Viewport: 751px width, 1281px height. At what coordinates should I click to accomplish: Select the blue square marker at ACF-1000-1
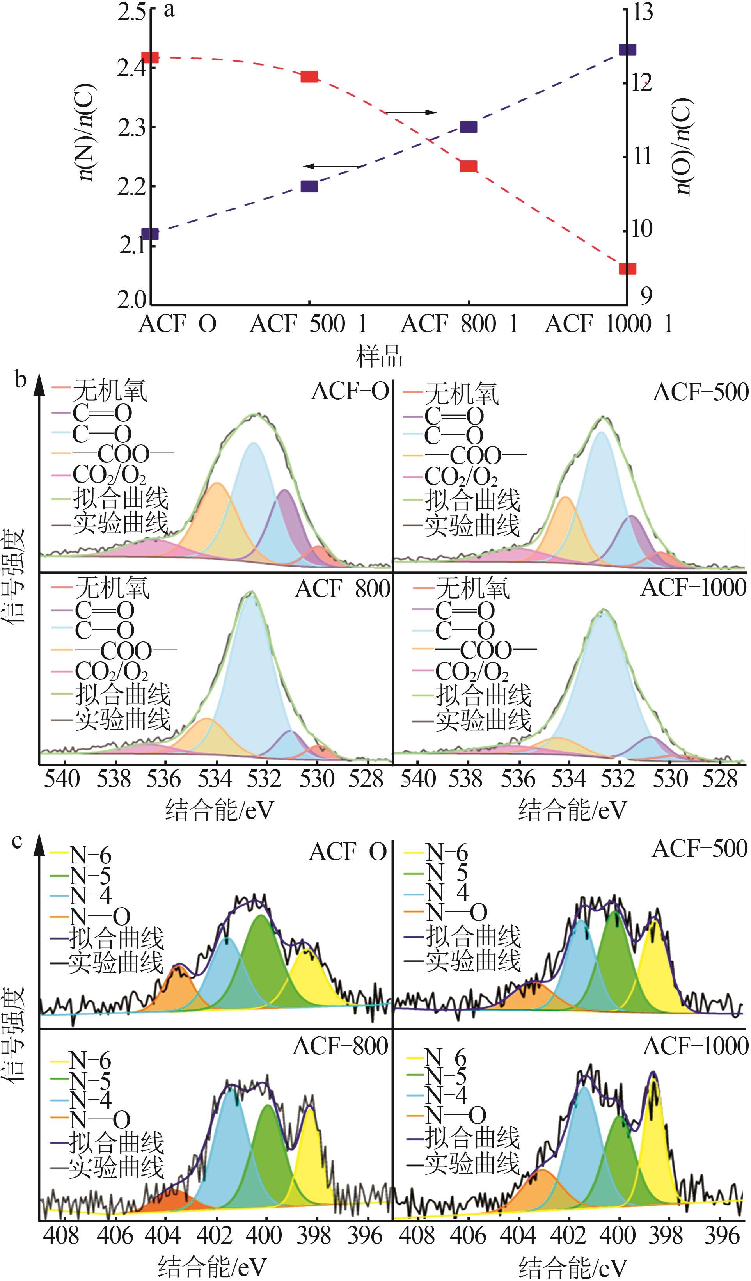click(627, 50)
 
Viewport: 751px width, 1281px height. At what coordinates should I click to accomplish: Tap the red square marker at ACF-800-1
click(468, 166)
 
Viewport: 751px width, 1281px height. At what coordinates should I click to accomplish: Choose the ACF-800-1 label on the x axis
click(459, 324)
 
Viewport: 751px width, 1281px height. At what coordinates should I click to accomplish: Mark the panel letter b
click(20, 379)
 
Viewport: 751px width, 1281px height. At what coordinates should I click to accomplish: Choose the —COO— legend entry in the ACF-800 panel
click(125, 651)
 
